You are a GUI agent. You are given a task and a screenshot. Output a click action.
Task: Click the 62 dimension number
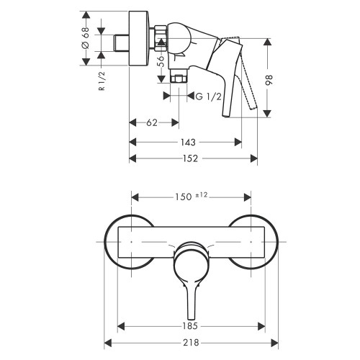pyautogui.click(x=152, y=123)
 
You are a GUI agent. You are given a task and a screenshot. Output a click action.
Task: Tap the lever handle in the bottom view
pyautogui.click(x=190, y=277)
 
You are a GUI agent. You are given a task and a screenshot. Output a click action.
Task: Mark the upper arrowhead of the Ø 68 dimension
pyautogui.click(x=84, y=14)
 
